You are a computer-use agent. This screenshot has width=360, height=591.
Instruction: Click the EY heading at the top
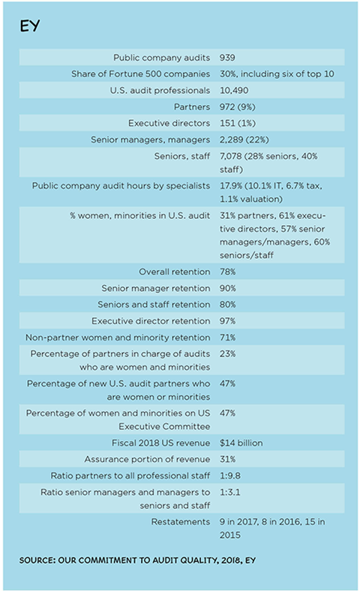pos(30,26)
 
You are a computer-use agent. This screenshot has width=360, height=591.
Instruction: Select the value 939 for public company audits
pos(227,58)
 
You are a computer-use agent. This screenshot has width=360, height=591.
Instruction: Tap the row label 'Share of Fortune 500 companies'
pos(140,73)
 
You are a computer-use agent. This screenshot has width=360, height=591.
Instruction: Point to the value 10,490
pos(234,91)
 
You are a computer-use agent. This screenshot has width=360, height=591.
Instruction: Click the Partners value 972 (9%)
pos(238,107)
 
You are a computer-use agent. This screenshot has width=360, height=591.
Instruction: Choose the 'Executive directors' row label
pos(169,123)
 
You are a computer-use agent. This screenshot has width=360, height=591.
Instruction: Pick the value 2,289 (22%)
pos(244,139)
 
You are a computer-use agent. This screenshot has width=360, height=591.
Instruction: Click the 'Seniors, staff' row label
pos(182,156)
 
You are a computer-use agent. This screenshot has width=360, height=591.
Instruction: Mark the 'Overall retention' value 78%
pos(228,271)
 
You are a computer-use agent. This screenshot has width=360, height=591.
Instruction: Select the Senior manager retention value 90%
pos(228,288)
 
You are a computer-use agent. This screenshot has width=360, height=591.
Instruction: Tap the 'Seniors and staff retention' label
pos(154,304)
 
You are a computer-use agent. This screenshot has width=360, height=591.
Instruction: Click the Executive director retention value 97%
pos(228,321)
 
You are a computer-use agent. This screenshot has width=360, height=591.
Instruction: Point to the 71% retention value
pos(228,337)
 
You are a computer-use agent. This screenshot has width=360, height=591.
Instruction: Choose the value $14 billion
pos(241,442)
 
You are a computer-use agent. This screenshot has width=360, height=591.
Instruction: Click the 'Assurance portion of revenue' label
pos(147,459)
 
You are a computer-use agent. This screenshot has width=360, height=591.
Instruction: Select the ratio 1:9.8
pos(230,475)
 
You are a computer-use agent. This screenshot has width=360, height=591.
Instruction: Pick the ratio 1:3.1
pos(230,492)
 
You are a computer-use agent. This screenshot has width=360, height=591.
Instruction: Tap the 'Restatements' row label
pos(181,522)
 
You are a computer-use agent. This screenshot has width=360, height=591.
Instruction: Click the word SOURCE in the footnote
pos(37,560)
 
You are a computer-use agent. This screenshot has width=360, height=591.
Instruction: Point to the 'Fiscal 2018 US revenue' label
pos(161,442)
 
